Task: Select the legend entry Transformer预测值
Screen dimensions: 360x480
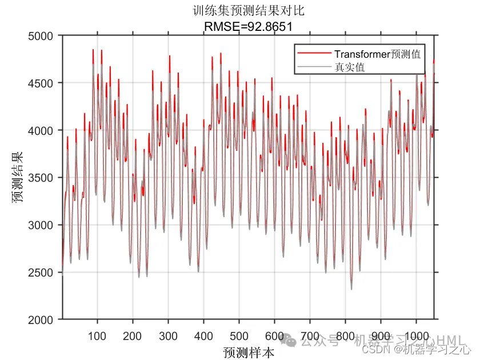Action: [x=378, y=54]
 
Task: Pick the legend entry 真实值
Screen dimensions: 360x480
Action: [x=350, y=67]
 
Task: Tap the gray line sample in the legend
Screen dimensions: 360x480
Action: [x=315, y=67]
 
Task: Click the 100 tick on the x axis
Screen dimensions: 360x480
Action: [x=97, y=335]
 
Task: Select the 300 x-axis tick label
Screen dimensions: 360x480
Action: [x=168, y=335]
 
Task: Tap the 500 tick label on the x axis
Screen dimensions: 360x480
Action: [x=239, y=335]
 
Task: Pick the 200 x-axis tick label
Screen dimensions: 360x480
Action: [x=133, y=335]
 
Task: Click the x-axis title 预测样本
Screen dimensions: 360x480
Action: [x=249, y=352]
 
